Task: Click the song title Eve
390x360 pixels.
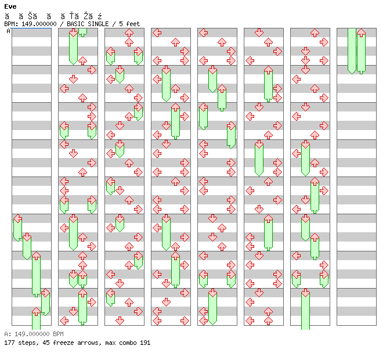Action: [x=10, y=6]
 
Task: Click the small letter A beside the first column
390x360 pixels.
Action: [x=9, y=31]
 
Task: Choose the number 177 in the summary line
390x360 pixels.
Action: [x=9, y=343]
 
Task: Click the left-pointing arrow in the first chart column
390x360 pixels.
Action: [x=17, y=218]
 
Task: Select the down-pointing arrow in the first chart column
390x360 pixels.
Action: [x=27, y=237]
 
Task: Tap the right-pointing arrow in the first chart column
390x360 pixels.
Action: [x=45, y=293]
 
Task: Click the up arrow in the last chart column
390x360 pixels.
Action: [x=361, y=33]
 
